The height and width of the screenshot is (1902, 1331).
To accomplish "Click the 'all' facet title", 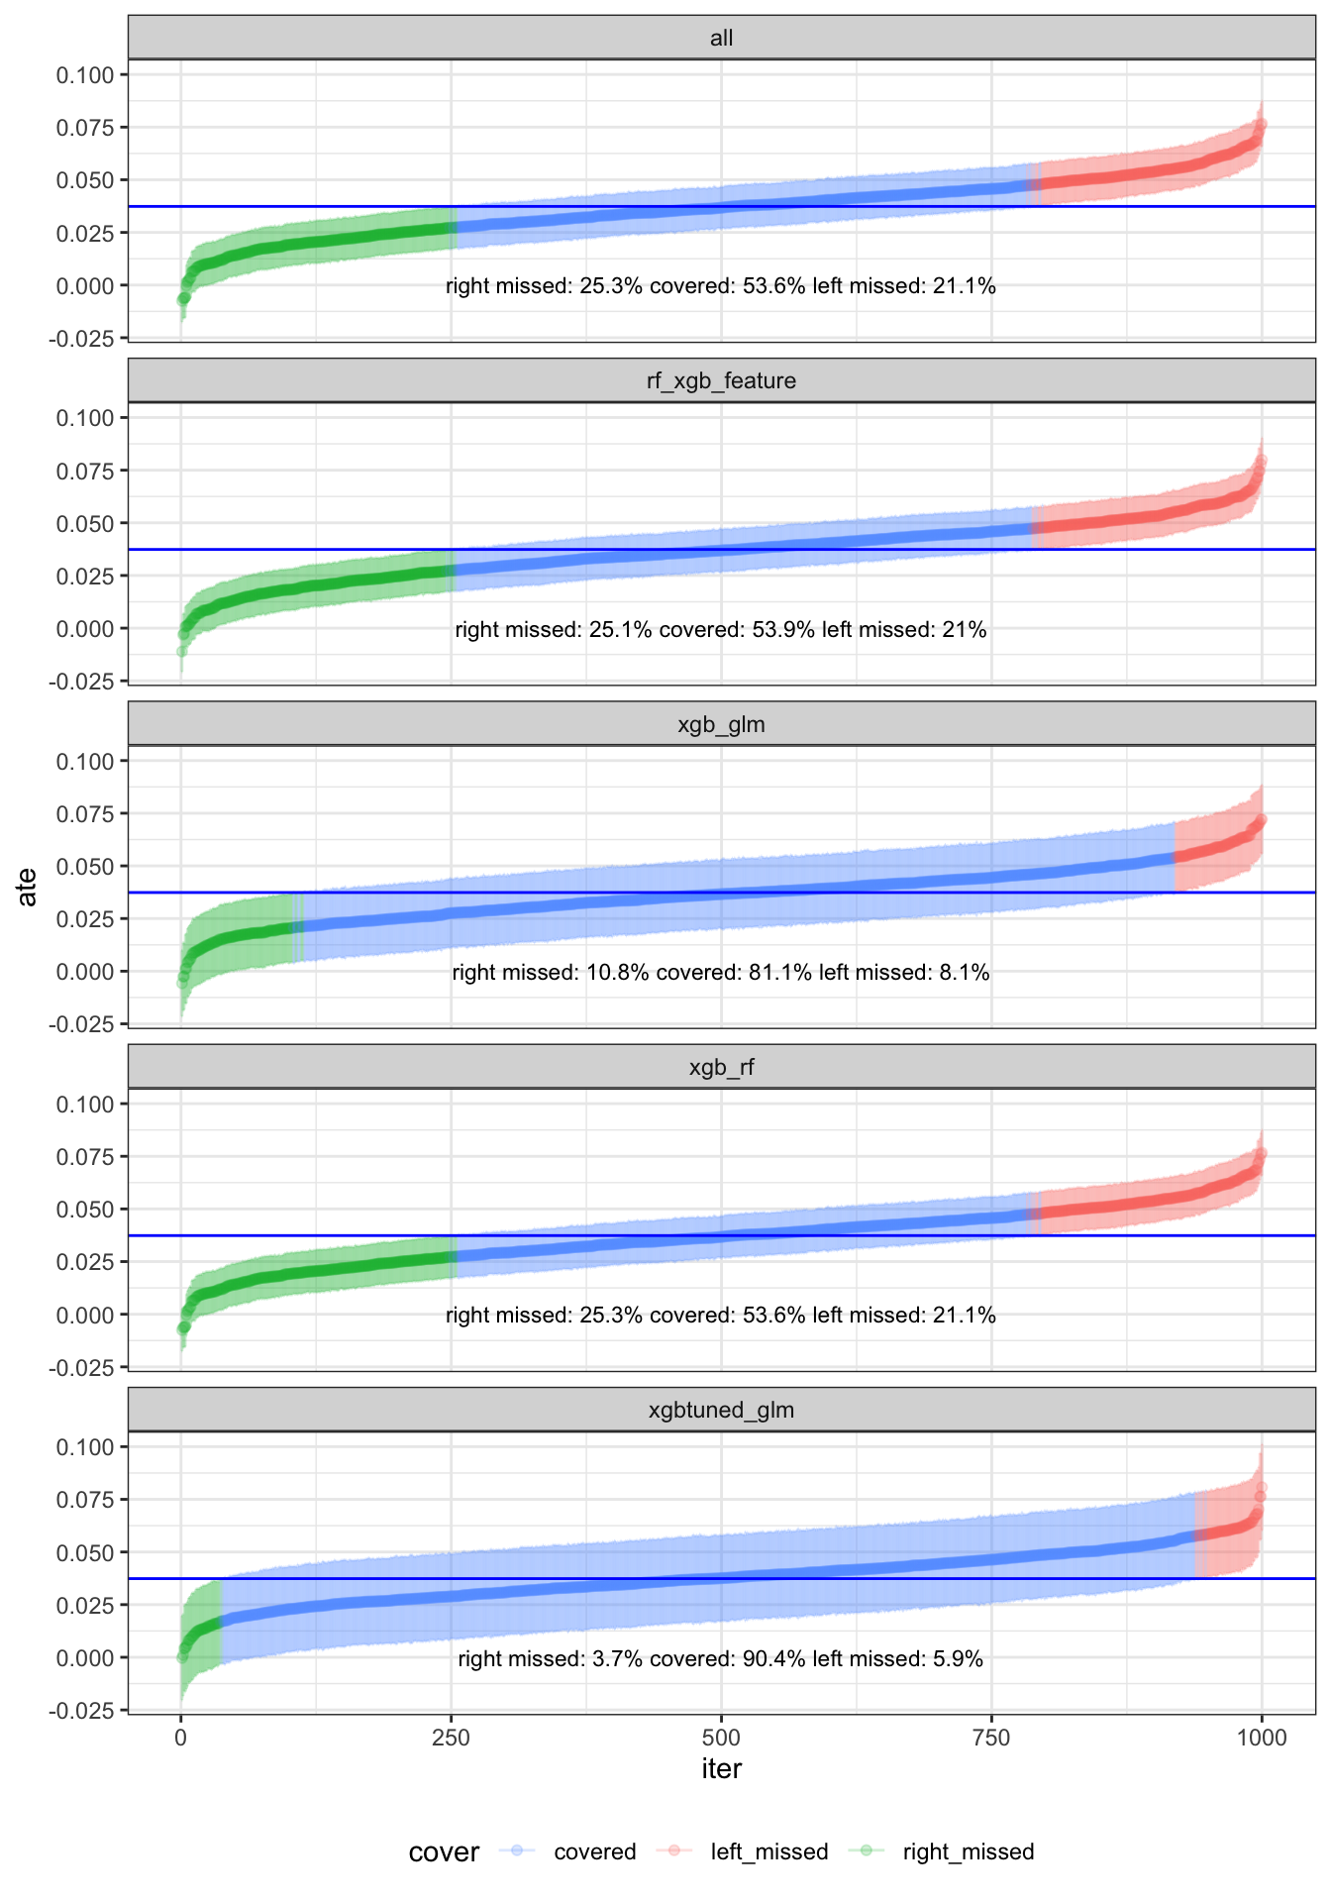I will (x=721, y=39).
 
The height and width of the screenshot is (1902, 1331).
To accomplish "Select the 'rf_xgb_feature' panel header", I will (x=721, y=381).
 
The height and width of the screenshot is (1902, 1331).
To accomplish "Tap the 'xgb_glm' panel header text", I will (x=721, y=725).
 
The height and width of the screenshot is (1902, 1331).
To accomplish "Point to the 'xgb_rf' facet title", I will (x=721, y=1068).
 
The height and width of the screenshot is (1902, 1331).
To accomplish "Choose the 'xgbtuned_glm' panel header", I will (x=721, y=1411).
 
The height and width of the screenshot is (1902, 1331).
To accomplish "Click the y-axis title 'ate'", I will (x=28, y=887).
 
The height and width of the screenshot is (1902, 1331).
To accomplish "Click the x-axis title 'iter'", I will (x=721, y=1769).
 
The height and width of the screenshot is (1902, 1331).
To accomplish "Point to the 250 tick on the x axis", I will (x=451, y=1737).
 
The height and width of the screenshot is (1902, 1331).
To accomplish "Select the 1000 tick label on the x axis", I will (x=1261, y=1737).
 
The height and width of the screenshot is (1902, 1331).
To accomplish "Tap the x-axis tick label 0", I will (x=180, y=1737).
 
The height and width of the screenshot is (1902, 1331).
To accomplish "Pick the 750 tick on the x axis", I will (x=991, y=1737).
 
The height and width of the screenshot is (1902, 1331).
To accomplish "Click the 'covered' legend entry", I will (x=594, y=1852).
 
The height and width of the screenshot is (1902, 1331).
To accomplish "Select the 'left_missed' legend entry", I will (x=768, y=1852).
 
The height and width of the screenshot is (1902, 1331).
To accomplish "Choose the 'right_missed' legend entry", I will (x=968, y=1852).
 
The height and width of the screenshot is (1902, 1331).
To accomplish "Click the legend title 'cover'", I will (x=444, y=1852).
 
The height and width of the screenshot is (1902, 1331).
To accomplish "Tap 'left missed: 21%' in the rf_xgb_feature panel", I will (x=904, y=630).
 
